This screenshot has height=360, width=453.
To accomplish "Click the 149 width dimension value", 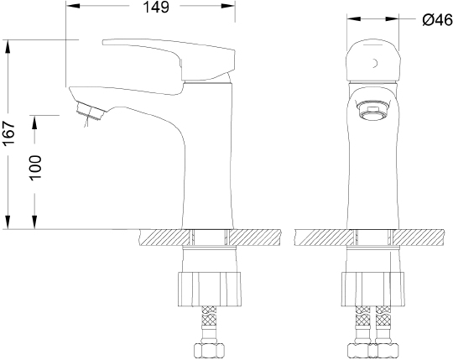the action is click(156, 7).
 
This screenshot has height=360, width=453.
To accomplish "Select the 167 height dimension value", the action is click(8, 133).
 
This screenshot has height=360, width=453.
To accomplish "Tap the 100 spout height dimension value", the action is click(35, 168).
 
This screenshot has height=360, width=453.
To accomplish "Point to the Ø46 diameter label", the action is click(437, 20).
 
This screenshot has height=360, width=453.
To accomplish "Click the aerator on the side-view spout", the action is click(91, 112).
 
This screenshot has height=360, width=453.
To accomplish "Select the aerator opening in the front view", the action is click(372, 109).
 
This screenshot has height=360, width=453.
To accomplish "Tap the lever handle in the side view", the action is click(169, 59).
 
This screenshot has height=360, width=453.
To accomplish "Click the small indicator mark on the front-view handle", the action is click(375, 63).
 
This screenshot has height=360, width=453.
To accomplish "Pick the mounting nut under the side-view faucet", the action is click(210, 289).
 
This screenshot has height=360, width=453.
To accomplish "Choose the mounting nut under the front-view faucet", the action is click(372, 289).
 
